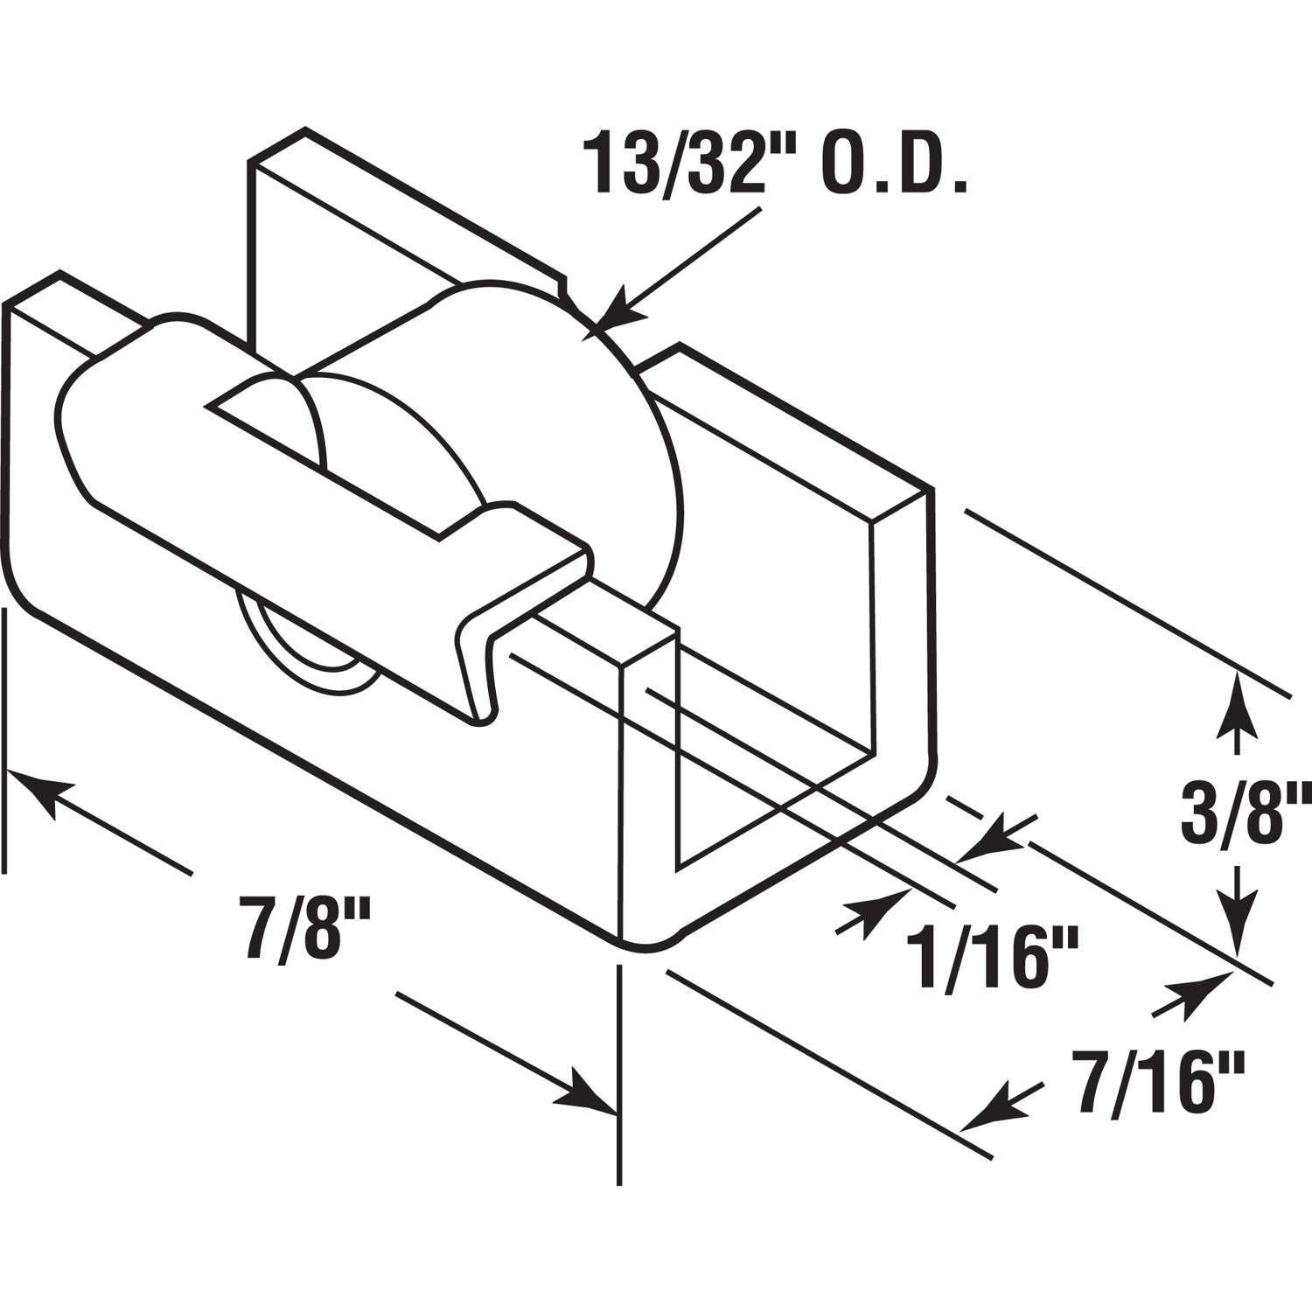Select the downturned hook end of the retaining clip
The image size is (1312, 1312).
pos(477,673)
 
